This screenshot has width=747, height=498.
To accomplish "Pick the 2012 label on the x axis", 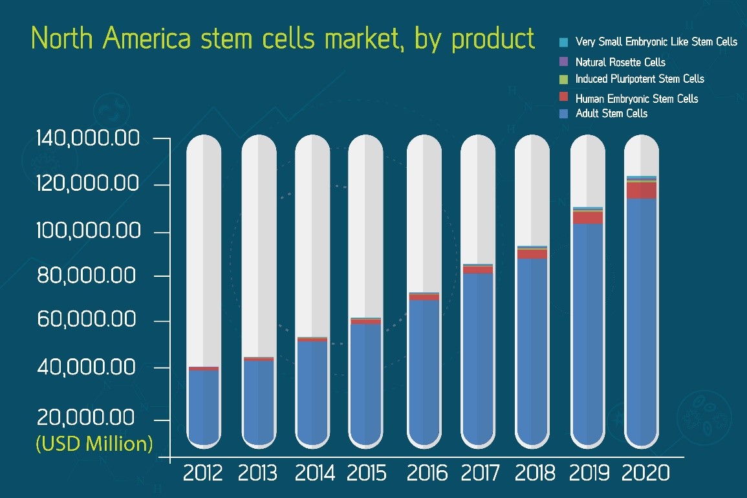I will pyautogui.click(x=202, y=473).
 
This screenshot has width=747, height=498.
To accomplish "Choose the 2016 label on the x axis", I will pyautogui.click(x=426, y=473).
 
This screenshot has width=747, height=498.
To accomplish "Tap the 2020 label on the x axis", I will pyautogui.click(x=645, y=473).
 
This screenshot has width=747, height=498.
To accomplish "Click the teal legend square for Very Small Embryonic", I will pyautogui.click(x=563, y=43).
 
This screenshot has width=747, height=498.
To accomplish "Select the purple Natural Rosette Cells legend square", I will pyautogui.click(x=563, y=62).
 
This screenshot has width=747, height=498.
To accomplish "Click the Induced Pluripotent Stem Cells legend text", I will pyautogui.click(x=639, y=79).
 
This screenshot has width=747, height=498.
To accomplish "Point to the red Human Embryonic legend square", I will pyautogui.click(x=563, y=97).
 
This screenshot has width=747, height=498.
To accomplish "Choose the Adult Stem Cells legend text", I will pyautogui.click(x=611, y=114).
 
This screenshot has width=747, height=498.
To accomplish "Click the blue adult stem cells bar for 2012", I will pyautogui.click(x=203, y=407).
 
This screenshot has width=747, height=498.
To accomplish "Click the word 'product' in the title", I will pyautogui.click(x=493, y=39).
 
